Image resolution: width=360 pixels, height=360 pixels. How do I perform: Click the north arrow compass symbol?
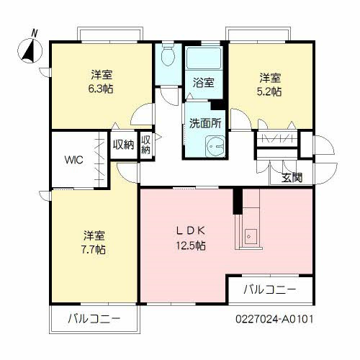point(30,49)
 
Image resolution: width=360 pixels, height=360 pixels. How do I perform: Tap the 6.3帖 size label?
point(100,89)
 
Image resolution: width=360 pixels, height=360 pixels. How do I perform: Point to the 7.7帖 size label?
point(94,249)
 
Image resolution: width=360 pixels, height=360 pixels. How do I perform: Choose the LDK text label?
point(192,231)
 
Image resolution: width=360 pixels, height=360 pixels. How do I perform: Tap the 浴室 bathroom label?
point(203,82)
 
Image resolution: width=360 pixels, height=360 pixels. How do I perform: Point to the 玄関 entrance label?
point(292,178)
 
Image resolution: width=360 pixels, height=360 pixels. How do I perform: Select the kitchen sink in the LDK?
point(249,235)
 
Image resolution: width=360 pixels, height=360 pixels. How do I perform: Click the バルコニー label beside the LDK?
point(269,291)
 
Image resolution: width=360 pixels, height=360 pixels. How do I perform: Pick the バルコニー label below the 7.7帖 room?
point(94,318)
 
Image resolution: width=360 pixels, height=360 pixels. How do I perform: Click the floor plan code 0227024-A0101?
point(274,318)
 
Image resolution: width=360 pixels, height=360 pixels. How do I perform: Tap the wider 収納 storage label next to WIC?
point(123,145)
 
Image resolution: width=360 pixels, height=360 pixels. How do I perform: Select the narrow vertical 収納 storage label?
point(146,145)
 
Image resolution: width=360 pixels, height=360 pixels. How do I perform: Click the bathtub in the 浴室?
point(204,58)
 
